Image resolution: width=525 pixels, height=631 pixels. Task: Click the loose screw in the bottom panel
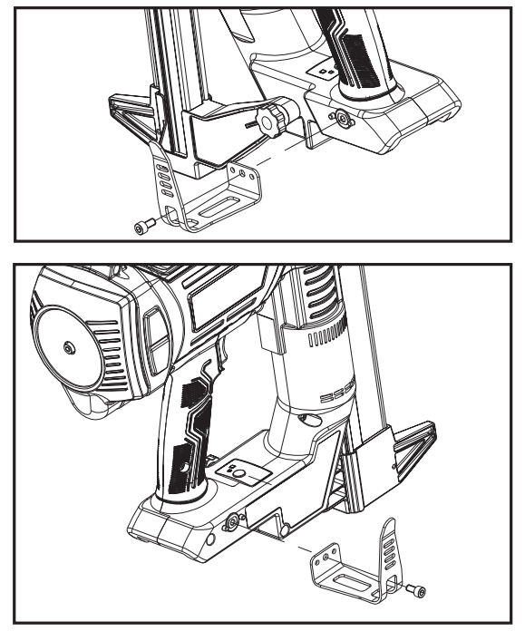(417, 591)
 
